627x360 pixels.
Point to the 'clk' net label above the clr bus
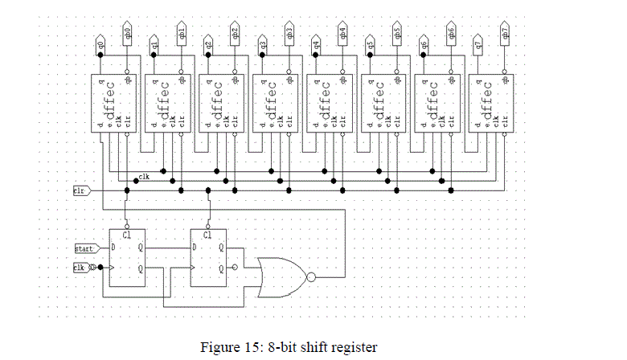(144, 176)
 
